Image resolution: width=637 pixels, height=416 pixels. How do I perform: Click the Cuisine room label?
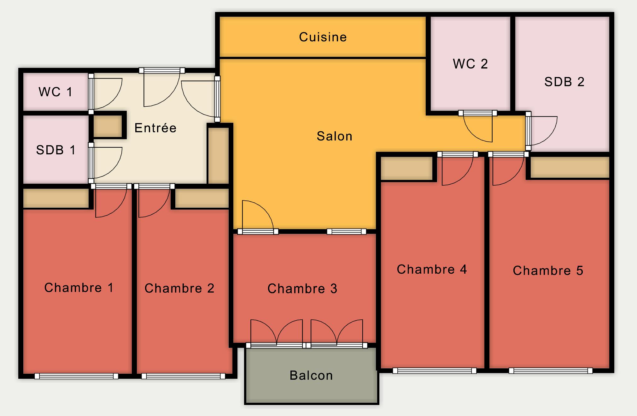point(323,37)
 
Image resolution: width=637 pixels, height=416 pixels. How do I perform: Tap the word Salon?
point(334,136)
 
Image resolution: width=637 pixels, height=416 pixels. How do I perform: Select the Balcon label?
point(311,376)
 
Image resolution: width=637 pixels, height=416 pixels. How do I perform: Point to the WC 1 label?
point(56,92)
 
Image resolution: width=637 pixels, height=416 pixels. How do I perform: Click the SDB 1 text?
point(56,150)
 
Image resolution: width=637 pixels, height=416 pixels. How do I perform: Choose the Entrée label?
point(155,128)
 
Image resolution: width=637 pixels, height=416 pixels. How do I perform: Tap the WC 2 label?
point(470,64)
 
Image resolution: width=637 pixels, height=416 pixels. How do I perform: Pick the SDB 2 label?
point(564,82)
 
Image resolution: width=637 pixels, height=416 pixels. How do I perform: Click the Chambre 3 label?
point(302,289)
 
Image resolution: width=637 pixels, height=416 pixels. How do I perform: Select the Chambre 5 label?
point(548,271)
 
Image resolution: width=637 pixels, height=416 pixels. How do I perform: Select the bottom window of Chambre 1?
point(76,376)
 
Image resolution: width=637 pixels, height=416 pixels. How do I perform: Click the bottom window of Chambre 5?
point(551,371)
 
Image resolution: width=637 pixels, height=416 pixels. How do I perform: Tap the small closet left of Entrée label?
point(108,126)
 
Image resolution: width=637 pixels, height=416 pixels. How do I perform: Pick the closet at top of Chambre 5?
point(570,167)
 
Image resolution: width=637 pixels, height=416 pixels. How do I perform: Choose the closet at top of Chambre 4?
point(407,168)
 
